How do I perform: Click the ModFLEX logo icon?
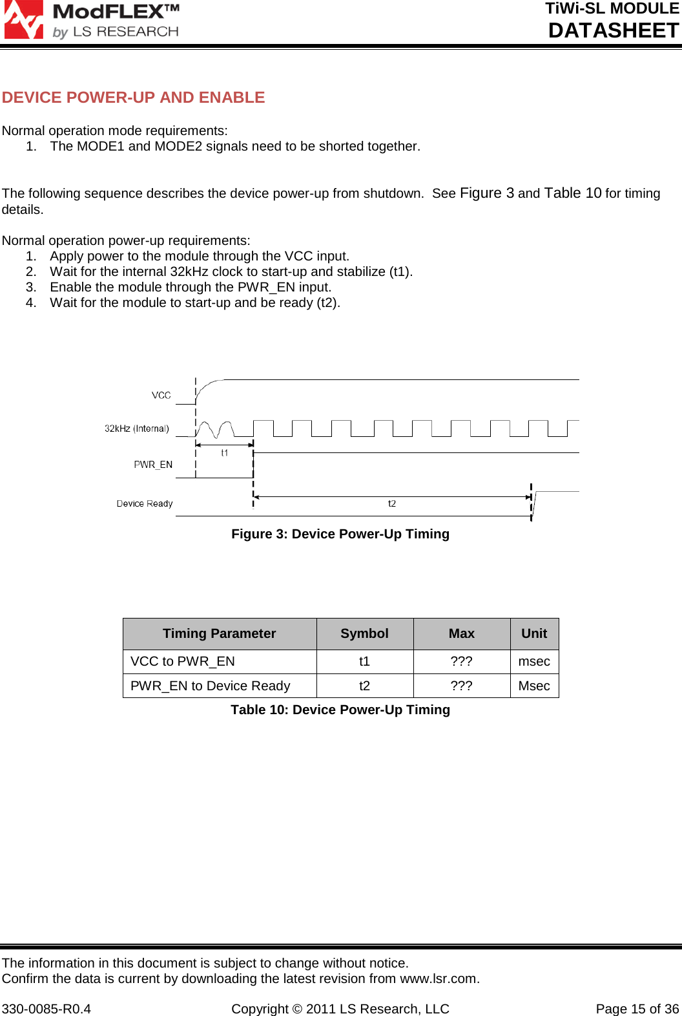23,19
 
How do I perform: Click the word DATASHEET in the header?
613,30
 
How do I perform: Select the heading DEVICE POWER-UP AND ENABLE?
133,98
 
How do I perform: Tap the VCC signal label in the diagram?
161,396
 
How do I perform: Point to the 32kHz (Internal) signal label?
137,429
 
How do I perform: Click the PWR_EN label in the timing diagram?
153,465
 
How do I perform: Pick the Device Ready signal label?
145,503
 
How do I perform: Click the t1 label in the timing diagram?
225,453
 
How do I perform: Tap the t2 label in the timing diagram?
392,503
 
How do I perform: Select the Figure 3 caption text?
340,534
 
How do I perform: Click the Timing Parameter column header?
220,633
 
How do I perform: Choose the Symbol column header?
365,633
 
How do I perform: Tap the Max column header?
462,633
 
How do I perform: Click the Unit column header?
534,633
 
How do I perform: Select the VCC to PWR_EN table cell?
183,661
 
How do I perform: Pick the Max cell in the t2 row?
462,686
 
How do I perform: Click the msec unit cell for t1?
534,661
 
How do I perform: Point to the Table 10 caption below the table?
340,710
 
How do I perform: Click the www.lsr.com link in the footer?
439,979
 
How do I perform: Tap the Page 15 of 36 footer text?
637,1009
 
